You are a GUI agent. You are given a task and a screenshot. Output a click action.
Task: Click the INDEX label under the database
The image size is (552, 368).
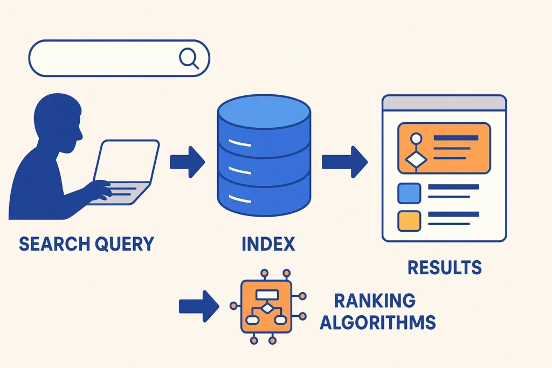(x=268, y=244)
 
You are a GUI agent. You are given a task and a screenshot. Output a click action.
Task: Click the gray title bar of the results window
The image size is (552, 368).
(x=444, y=103)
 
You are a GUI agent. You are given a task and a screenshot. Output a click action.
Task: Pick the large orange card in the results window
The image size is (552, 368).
(x=444, y=148)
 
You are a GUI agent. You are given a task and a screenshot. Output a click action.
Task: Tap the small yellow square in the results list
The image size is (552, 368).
(x=409, y=220)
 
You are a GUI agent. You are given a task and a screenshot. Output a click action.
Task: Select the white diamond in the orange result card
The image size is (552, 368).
(x=415, y=160)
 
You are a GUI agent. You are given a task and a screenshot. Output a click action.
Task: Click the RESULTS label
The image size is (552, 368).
(x=444, y=268)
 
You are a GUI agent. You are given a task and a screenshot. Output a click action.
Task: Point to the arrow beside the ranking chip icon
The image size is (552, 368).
(x=198, y=307)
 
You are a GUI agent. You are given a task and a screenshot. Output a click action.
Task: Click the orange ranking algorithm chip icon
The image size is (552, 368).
(x=267, y=306)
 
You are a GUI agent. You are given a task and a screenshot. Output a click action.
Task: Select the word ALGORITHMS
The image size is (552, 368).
(x=385, y=322)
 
